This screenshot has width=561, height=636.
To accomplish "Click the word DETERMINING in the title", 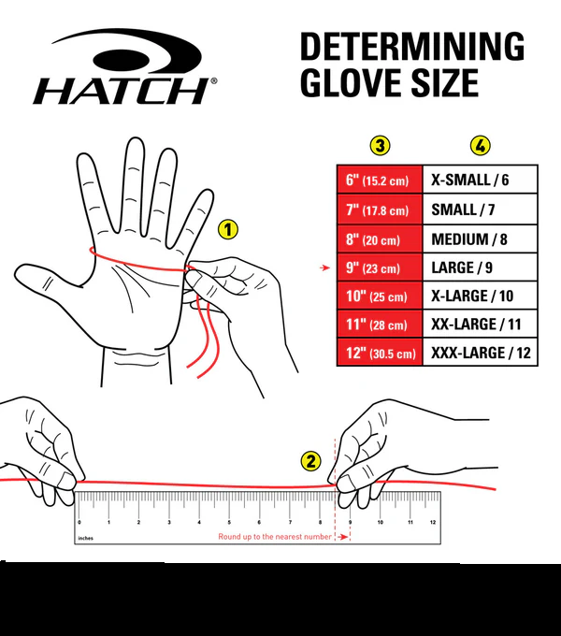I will pyautogui.click(x=411, y=47).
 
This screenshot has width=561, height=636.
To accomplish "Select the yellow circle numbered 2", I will pyautogui.click(x=310, y=460).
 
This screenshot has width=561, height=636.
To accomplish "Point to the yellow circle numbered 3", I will pyautogui.click(x=380, y=145).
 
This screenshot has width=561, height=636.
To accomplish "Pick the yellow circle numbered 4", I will pyautogui.click(x=481, y=145).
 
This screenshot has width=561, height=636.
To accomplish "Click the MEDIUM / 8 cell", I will pyautogui.click(x=481, y=239).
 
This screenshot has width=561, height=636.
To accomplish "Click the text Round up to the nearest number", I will pyautogui.click(x=275, y=537).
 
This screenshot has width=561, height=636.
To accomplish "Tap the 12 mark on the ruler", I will pyautogui.click(x=432, y=522).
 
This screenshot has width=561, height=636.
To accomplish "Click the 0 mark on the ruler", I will pyautogui.click(x=79, y=522).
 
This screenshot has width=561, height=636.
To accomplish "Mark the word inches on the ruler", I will pyautogui.click(x=86, y=538).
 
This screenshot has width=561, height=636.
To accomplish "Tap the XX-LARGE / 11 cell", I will pyautogui.click(x=481, y=325).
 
